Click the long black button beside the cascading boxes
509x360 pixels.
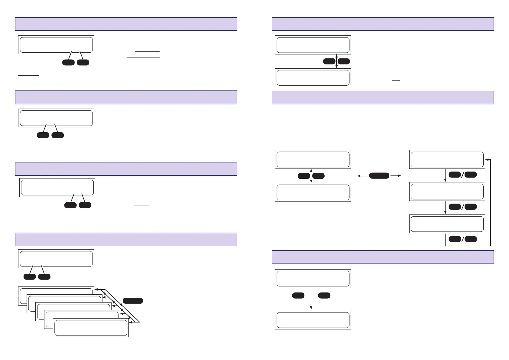[133, 300]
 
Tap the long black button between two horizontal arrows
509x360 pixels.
[379, 175]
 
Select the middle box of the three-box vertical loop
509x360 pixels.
[447, 191]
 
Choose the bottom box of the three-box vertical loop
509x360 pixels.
[447, 224]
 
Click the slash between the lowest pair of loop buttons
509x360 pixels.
[462, 239]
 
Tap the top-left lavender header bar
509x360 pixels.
[126, 24]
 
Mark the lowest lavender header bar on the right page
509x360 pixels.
[383, 257]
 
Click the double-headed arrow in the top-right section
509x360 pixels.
[336, 61]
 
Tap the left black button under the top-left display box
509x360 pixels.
[68, 62]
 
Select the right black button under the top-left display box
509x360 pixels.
[83, 62]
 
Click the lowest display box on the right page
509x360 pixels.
[313, 320]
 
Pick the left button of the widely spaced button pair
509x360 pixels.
[298, 296]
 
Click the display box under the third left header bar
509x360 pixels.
[57, 188]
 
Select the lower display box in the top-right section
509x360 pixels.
[313, 78]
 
